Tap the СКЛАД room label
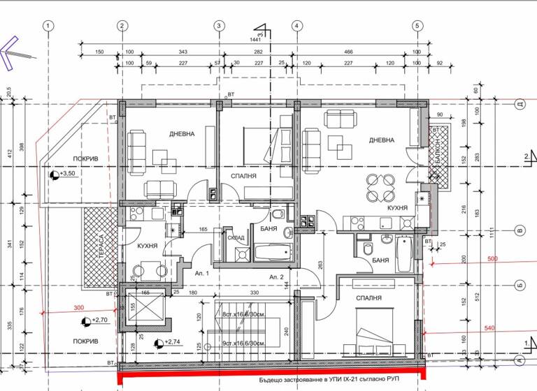point(236,238)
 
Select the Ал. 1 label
point(202,274)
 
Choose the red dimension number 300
point(78,308)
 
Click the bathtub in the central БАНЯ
point(271,252)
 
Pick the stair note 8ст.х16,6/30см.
point(243,314)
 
